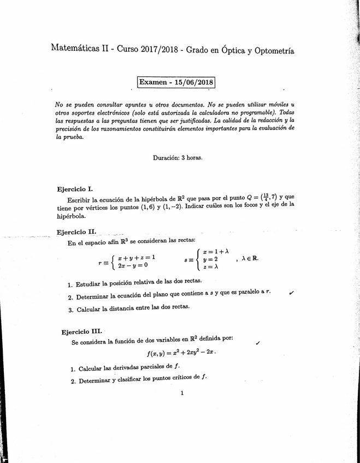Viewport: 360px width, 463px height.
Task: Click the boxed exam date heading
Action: click(176, 82)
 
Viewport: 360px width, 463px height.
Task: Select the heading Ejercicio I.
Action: click(75, 189)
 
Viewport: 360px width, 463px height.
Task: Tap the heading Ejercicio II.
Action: click(76, 231)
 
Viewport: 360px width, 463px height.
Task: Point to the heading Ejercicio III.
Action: click(81, 331)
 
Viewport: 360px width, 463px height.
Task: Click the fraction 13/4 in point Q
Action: click(267, 197)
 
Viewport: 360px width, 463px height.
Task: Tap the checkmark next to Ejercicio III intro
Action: click(257, 342)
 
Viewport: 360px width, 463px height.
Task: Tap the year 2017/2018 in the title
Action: click(159, 50)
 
